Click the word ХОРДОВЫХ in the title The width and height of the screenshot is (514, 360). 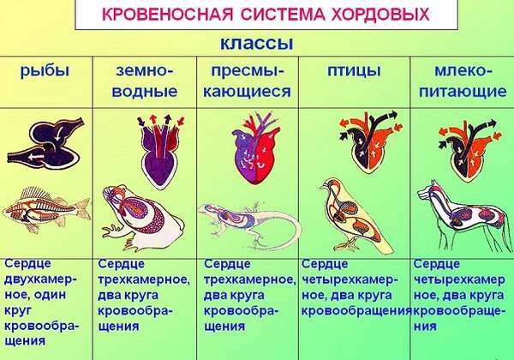pos(381,15)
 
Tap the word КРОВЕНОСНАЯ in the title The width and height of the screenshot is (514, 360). pos(168,15)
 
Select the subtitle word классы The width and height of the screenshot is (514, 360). pos(257,43)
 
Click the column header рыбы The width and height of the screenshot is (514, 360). pos(45,71)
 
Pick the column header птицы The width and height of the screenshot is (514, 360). pos(354,71)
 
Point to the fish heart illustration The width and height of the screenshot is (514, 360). pos(46,143)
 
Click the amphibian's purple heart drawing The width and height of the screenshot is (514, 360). pos(160,150)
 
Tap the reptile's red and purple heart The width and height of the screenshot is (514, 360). pos(256,148)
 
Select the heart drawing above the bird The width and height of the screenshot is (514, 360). pos(369,141)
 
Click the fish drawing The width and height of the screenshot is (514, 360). pos(46,209)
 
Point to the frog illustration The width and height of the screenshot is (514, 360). pos(141,218)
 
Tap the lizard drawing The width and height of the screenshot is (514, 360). pos(249,223)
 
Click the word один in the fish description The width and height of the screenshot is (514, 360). pos(51,294)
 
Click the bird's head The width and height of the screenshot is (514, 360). pos(330,185)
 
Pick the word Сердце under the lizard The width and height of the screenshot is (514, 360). pos(227,264)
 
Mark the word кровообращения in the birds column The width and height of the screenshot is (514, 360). pos(356,311)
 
